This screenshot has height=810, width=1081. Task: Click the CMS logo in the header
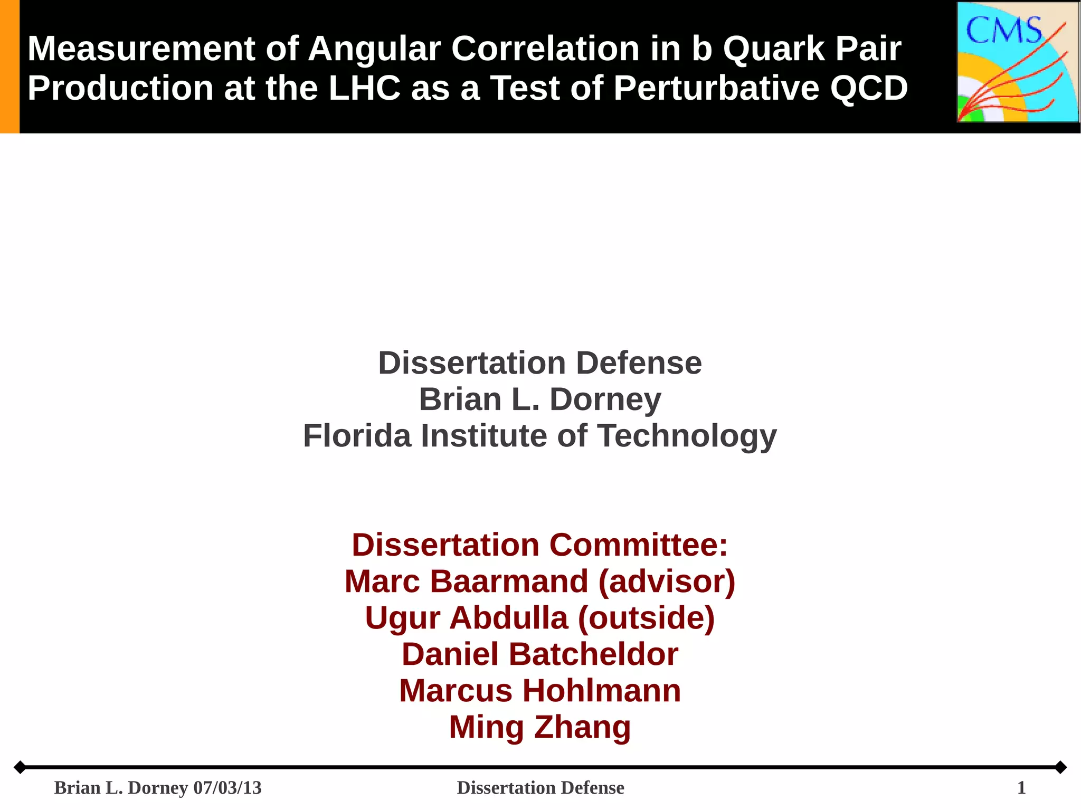pyautogui.click(x=1018, y=62)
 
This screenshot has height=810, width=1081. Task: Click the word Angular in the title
pyautogui.click(x=374, y=49)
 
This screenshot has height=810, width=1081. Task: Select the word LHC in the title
pyautogui.click(x=365, y=88)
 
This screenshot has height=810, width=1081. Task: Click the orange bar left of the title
pyautogui.click(x=10, y=66)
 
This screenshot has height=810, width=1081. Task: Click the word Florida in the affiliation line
pyautogui.click(x=357, y=436)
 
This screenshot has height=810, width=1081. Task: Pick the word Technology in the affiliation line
pyautogui.click(x=687, y=436)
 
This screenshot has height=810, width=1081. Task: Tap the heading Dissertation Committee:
pyautogui.click(x=540, y=545)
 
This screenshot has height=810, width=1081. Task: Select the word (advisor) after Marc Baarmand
pyautogui.click(x=667, y=582)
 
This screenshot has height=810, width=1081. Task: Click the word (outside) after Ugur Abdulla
pyautogui.click(x=646, y=618)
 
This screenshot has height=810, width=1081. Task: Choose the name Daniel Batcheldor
pyautogui.click(x=540, y=654)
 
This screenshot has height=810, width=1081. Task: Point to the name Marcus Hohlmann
pyautogui.click(x=540, y=691)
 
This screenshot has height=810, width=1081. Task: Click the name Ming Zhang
pyautogui.click(x=540, y=727)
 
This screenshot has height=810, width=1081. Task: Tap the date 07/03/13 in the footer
pyautogui.click(x=227, y=788)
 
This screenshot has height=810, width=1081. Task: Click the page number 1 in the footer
pyautogui.click(x=1021, y=788)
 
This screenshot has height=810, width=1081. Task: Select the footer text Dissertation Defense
pyautogui.click(x=540, y=788)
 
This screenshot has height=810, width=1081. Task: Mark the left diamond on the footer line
pyautogui.click(x=20, y=767)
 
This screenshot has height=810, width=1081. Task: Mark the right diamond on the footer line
pyautogui.click(x=1060, y=767)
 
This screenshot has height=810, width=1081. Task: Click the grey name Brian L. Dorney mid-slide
pyautogui.click(x=540, y=399)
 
